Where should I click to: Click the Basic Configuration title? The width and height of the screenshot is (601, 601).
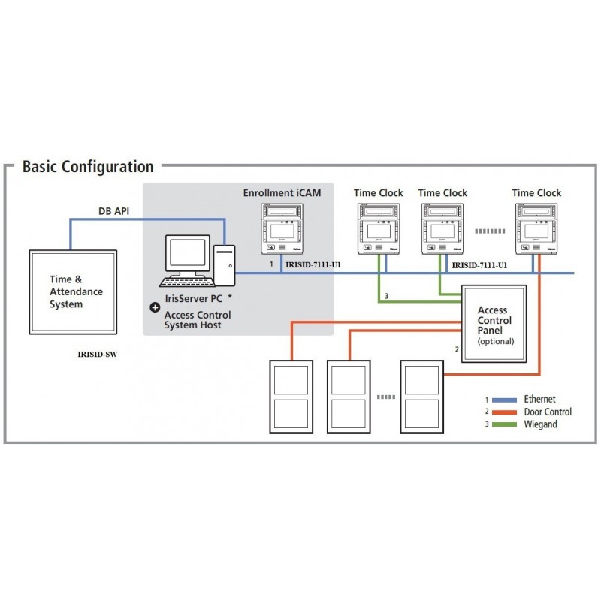pyautogui.click(x=88, y=167)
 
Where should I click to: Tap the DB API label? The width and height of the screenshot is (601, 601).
pyautogui.click(x=114, y=211)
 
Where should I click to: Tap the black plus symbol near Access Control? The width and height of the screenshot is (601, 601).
pyautogui.click(x=156, y=307)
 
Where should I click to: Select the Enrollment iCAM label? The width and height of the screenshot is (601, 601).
pyautogui.click(x=282, y=193)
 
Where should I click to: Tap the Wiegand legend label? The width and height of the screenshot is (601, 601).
pyautogui.click(x=541, y=424)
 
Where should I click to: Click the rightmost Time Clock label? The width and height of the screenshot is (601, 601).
pyautogui.click(x=536, y=193)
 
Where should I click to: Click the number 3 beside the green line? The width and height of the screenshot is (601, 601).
pyautogui.click(x=386, y=297)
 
